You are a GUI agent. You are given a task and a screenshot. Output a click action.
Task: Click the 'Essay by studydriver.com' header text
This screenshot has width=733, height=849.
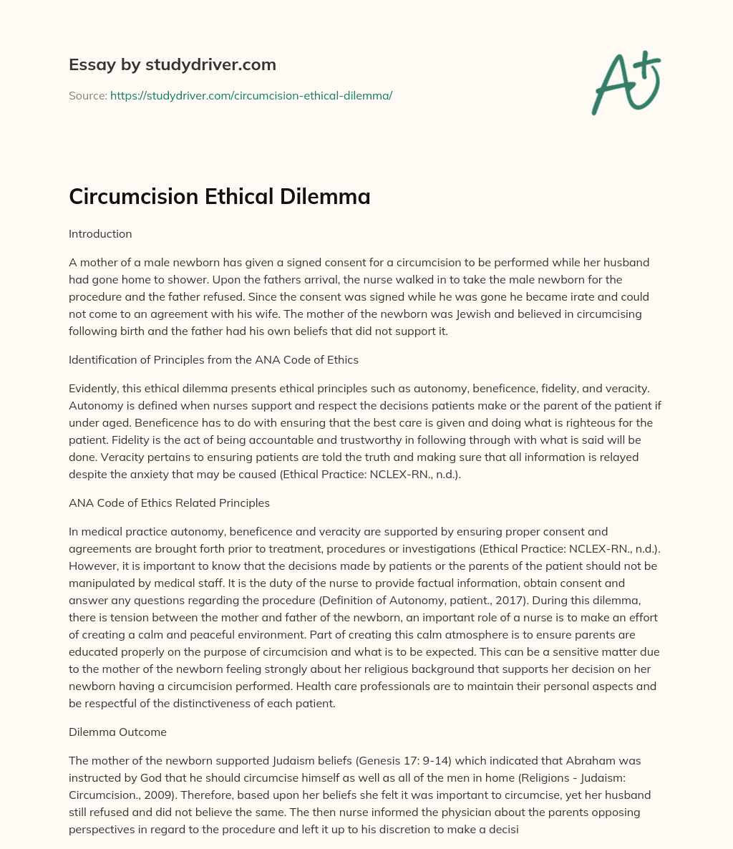click(172, 64)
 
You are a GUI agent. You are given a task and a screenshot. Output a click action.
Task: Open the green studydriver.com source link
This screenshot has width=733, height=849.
click(251, 95)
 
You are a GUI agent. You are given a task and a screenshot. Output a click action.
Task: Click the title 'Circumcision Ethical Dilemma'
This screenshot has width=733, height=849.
click(219, 196)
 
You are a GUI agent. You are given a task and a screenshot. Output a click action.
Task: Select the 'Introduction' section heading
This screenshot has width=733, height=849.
click(100, 233)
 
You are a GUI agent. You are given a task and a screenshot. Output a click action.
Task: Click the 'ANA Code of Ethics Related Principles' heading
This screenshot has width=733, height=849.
click(169, 503)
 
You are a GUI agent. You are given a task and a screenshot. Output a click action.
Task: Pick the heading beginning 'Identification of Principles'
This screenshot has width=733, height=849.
click(213, 360)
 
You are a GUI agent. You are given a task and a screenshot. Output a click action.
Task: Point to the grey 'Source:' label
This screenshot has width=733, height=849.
click(87, 95)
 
